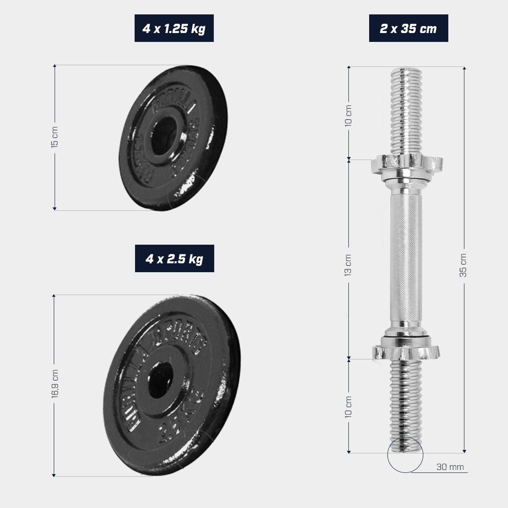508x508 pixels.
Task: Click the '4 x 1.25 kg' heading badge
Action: click(x=174, y=28)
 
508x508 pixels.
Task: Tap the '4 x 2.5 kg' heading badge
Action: click(x=174, y=259)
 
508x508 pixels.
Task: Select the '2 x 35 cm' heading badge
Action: click(x=408, y=28)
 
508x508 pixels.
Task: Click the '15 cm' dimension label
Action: click(x=54, y=137)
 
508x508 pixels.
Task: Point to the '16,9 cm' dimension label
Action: click(x=54, y=383)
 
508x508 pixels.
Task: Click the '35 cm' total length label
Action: click(x=464, y=265)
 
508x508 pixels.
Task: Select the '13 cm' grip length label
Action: click(x=348, y=265)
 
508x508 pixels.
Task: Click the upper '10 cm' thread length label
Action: click(x=348, y=115)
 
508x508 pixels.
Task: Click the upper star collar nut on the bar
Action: click(x=406, y=163)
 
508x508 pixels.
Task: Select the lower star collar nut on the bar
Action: click(x=406, y=351)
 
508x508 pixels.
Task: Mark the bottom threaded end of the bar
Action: click(x=406, y=406)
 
